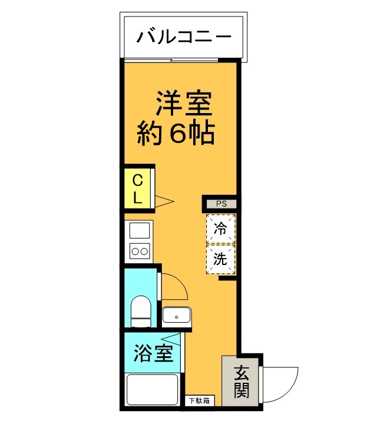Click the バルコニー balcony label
184,38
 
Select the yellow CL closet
137,188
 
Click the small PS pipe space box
221,204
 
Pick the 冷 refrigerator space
220,229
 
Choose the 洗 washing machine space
220,259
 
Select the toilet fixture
141,310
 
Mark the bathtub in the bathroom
153,390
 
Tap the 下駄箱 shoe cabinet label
201,401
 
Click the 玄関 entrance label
241,380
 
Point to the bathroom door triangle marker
173,338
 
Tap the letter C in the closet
137,180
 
